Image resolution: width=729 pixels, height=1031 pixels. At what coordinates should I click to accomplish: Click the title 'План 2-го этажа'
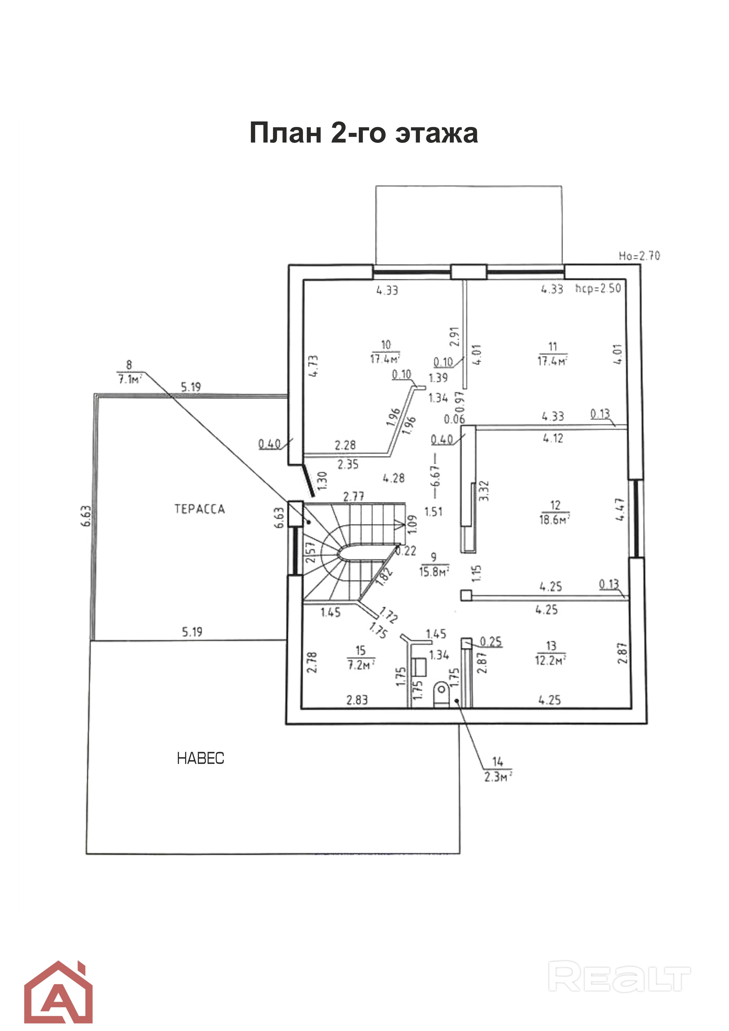click(363, 133)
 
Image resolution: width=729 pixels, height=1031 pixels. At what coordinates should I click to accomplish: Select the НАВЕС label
click(200, 759)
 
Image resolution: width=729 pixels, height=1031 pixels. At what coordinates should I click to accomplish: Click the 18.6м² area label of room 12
click(555, 520)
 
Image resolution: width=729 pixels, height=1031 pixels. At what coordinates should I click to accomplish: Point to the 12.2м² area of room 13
click(551, 660)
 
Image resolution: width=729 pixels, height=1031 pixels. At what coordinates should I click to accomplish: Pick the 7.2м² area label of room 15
click(361, 665)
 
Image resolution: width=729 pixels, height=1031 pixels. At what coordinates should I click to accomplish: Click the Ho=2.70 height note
click(639, 256)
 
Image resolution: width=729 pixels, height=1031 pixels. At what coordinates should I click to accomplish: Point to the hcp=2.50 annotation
click(598, 288)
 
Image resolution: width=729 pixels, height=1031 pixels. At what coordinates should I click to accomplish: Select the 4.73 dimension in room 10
click(314, 366)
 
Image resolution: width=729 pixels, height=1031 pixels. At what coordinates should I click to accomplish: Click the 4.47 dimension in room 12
click(620, 510)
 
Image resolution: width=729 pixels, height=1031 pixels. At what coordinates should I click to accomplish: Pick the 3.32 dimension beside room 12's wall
click(484, 491)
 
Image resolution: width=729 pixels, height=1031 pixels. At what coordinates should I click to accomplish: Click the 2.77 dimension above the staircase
click(354, 496)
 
